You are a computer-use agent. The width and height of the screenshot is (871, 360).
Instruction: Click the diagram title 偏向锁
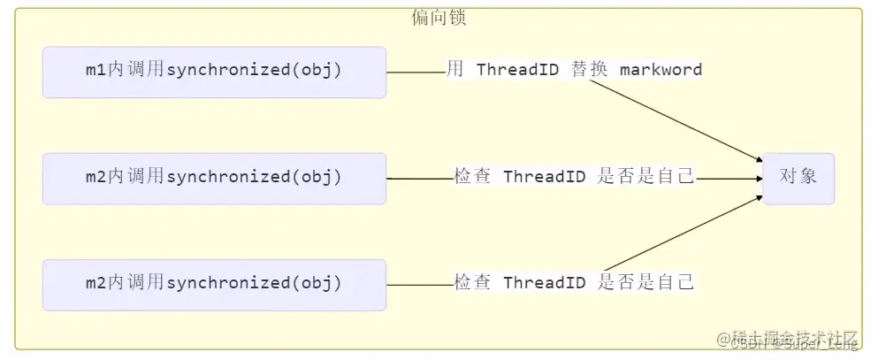[x=439, y=18]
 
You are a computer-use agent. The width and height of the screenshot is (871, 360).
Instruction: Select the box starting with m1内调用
[x=214, y=72]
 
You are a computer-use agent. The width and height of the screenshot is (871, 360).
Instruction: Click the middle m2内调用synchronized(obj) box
[x=214, y=178]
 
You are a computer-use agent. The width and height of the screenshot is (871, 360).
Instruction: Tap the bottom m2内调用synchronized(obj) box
[x=214, y=284]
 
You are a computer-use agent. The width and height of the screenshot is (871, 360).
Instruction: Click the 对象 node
[x=798, y=177]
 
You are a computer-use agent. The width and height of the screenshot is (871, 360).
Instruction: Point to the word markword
[x=661, y=70]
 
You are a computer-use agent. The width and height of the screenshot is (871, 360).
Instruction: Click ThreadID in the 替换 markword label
[x=517, y=70]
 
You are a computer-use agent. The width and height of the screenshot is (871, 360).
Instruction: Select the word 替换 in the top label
[x=589, y=70]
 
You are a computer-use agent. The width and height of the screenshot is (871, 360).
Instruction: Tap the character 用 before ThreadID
[x=455, y=70]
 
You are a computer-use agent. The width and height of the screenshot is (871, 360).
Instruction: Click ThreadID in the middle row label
[x=544, y=177]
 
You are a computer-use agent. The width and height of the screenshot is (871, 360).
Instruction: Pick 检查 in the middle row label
[x=472, y=177]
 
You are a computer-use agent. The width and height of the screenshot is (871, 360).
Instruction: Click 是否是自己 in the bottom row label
[x=646, y=283]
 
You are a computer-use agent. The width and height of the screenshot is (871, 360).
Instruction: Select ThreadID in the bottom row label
[x=544, y=283]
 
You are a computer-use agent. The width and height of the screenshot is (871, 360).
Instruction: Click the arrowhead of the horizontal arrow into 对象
[x=758, y=178]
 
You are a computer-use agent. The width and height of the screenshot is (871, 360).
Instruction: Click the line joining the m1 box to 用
[x=416, y=72]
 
